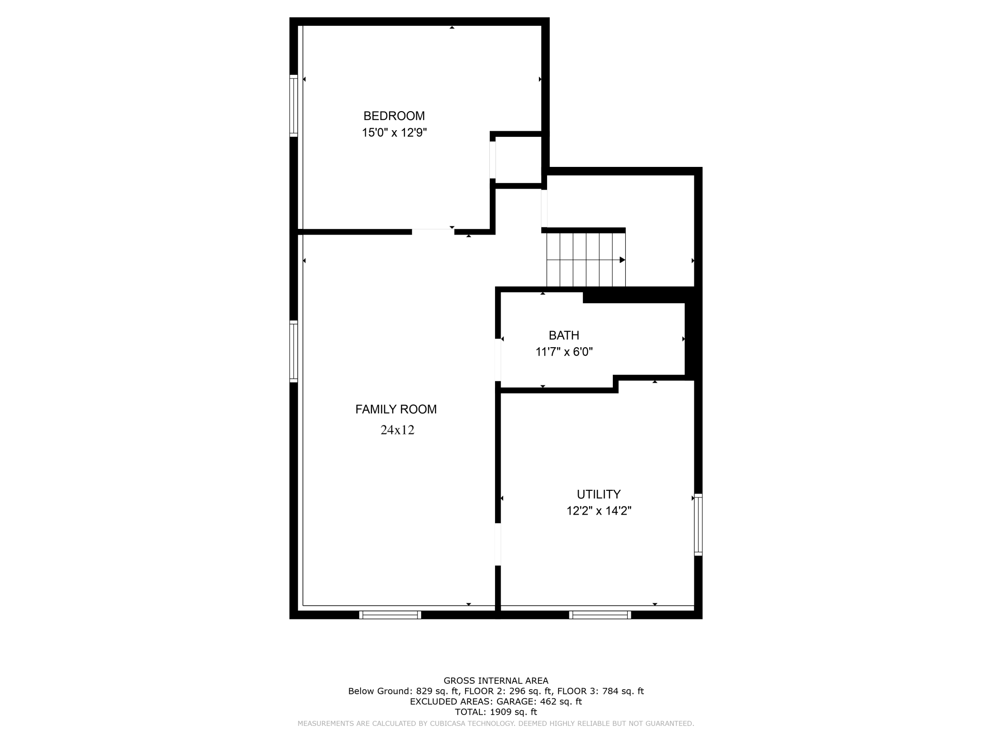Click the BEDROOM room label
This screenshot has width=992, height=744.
pyautogui.click(x=394, y=116)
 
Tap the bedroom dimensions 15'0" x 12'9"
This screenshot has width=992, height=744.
pyautogui.click(x=394, y=133)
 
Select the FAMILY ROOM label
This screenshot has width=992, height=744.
pyautogui.click(x=396, y=409)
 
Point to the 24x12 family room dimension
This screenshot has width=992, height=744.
pyautogui.click(x=397, y=430)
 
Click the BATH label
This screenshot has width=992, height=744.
pyautogui.click(x=564, y=335)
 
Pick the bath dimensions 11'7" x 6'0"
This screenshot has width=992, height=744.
pyautogui.click(x=564, y=352)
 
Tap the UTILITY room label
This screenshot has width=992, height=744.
pyautogui.click(x=599, y=494)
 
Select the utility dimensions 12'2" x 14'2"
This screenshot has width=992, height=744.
pyautogui.click(x=599, y=511)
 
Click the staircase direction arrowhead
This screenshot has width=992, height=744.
pyautogui.click(x=622, y=260)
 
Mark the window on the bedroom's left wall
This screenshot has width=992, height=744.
pyautogui.click(x=294, y=106)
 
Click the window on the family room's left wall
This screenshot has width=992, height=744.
pyautogui.click(x=294, y=351)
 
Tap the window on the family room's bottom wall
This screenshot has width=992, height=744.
pyautogui.click(x=390, y=615)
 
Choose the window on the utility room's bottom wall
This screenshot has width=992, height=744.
pyautogui.click(x=599, y=615)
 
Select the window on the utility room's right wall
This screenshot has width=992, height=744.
pyautogui.click(x=698, y=525)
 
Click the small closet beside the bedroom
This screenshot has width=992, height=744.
pyautogui.click(x=518, y=160)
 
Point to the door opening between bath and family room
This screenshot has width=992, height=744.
pyautogui.click(x=498, y=360)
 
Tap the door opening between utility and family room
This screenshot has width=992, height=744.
pyautogui.click(x=498, y=544)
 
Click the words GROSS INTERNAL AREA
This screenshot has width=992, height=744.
pyautogui.click(x=496, y=681)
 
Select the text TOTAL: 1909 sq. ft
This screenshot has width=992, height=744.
pyautogui.click(x=496, y=712)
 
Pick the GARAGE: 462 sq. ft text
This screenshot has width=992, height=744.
pyautogui.click(x=539, y=702)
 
